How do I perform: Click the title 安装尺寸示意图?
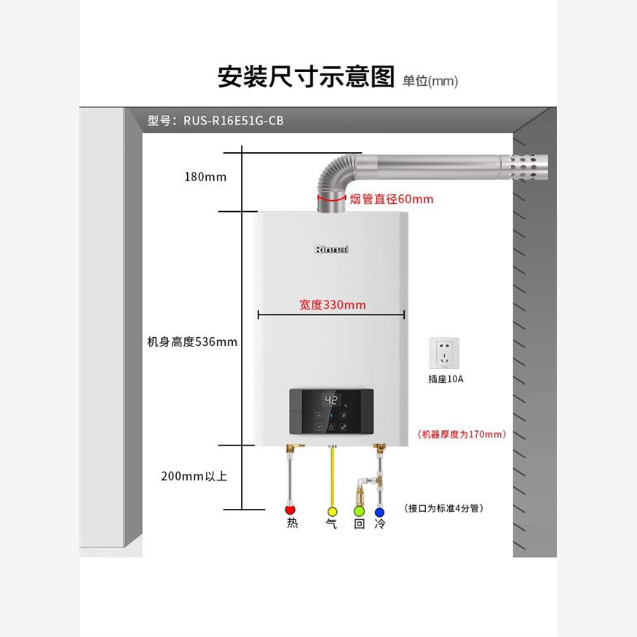tap(306, 76)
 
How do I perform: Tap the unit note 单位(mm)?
tap(430, 81)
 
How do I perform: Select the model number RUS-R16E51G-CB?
tap(215, 121)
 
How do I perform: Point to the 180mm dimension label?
tap(205, 177)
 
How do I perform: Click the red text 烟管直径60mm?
tap(391, 199)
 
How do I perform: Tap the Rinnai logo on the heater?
tap(332, 250)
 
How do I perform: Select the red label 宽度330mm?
tap(332, 304)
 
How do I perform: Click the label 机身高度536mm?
tap(192, 341)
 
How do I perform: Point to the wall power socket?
tap(446, 353)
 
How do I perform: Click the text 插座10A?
tap(446, 379)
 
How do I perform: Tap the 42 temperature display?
tap(331, 400)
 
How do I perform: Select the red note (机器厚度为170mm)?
tap(462, 434)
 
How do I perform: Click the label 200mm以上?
tap(194, 476)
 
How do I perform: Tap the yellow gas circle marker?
tap(332, 512)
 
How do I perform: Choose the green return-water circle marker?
tap(358, 512)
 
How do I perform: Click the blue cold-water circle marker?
tap(379, 512)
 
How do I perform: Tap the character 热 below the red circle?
tap(292, 523)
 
